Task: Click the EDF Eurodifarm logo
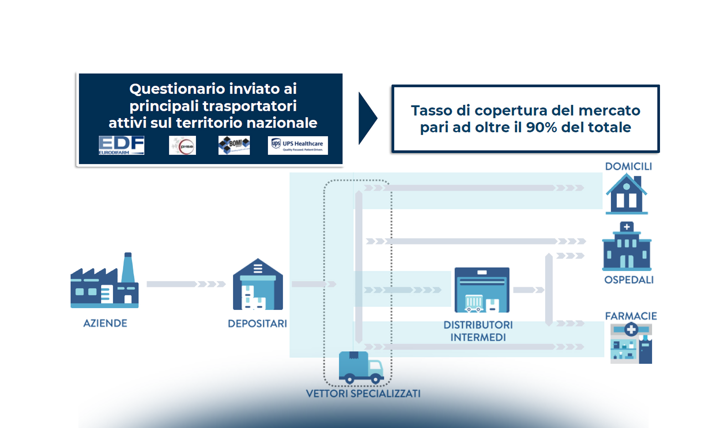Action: [121, 145]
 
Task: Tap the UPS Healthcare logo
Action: [298, 145]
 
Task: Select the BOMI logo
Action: [234, 145]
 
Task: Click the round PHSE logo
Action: [182, 146]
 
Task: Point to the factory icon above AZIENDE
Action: [104, 282]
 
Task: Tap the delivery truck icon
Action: [361, 367]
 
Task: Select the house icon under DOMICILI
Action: [627, 194]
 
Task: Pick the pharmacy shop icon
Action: [631, 343]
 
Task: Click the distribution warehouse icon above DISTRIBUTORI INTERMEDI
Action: [482, 290]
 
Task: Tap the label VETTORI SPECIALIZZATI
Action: [363, 394]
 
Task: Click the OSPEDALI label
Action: [629, 280]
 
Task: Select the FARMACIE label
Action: [631, 316]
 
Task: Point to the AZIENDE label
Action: [105, 323]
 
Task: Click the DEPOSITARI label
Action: [257, 324]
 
